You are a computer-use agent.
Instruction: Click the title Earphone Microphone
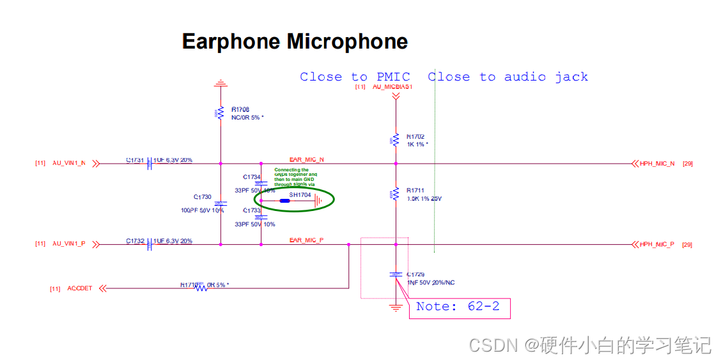295,42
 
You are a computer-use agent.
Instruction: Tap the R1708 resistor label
240,109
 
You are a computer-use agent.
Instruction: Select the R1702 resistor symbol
396,140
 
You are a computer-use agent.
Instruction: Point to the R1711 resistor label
415,191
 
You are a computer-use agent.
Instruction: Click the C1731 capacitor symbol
150,164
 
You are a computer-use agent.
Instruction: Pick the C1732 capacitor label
135,241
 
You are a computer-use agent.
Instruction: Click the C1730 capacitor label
202,197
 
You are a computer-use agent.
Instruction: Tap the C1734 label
252,176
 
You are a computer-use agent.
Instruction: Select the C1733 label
252,210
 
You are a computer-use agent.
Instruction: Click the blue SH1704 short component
285,201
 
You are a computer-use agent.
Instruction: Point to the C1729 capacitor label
415,274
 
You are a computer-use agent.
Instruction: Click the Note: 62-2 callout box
459,308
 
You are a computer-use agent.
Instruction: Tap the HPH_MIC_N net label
656,164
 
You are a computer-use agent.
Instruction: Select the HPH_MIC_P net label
656,244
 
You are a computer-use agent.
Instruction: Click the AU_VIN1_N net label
68,164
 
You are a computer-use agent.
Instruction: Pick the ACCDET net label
80,288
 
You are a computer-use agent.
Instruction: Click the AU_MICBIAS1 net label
392,86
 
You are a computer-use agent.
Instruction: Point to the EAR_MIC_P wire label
306,240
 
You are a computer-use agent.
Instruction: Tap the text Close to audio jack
508,77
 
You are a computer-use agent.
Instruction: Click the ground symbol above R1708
221,83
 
